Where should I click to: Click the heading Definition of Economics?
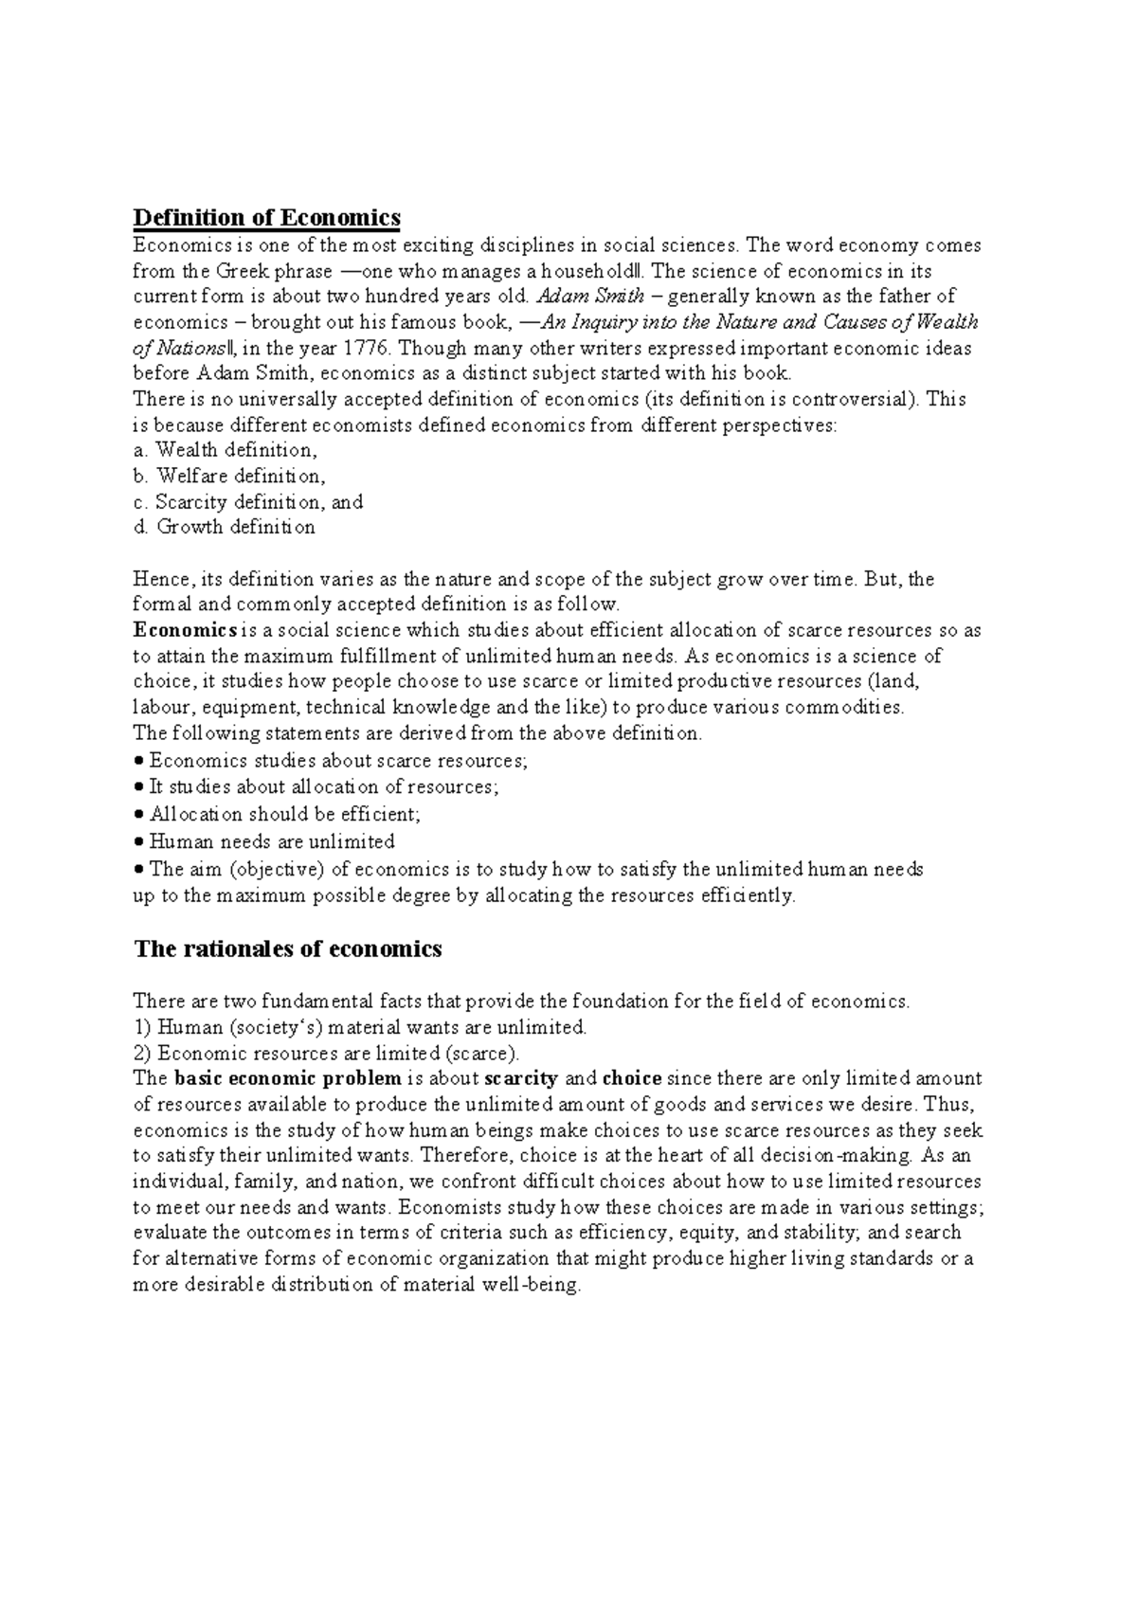(x=266, y=218)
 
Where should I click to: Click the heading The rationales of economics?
(x=288, y=948)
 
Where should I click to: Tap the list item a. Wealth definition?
(x=225, y=450)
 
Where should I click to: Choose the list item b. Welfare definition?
(x=228, y=476)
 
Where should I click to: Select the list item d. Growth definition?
(x=224, y=527)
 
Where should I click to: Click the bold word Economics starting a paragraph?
(x=185, y=630)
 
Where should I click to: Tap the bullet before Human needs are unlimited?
(x=138, y=842)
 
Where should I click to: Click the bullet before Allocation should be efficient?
(x=138, y=815)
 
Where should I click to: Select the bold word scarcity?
(x=520, y=1078)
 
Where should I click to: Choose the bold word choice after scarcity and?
(x=632, y=1078)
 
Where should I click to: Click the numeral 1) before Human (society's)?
(x=142, y=1027)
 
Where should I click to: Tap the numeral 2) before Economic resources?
(x=142, y=1053)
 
